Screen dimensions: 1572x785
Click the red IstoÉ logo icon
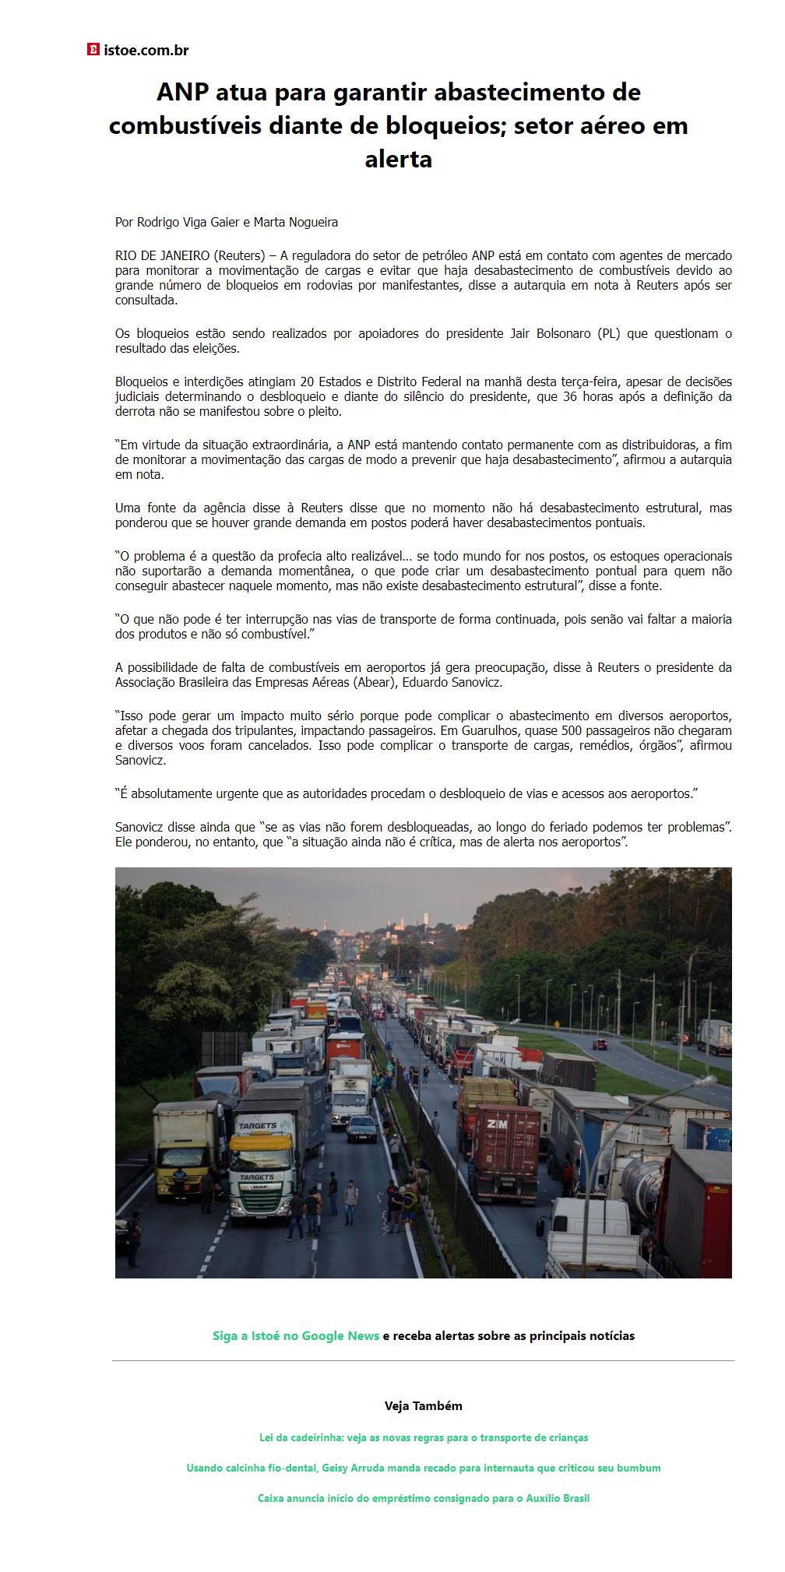[93, 50]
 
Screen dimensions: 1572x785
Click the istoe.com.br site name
[146, 51]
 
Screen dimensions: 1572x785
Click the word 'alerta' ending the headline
[398, 159]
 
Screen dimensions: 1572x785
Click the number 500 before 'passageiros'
[572, 730]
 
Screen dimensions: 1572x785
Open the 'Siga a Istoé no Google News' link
[296, 1335]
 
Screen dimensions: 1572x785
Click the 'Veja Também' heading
[423, 1405]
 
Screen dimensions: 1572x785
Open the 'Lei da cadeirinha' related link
[423, 1437]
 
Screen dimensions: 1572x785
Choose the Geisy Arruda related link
[423, 1468]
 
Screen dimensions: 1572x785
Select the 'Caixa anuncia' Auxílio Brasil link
[423, 1498]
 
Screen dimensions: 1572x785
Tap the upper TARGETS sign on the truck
[258, 1126]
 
